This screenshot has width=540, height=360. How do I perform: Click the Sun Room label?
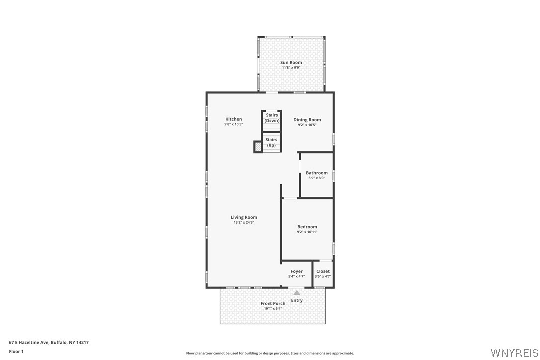(x=291, y=62)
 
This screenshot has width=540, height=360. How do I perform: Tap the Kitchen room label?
(x=234, y=119)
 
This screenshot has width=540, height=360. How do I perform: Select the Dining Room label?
(x=307, y=120)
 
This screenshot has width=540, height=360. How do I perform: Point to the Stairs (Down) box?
(x=271, y=121)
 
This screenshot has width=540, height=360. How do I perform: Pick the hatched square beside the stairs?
(x=258, y=147)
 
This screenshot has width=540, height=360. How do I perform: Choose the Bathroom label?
(x=317, y=173)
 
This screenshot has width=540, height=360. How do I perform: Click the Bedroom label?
(x=307, y=227)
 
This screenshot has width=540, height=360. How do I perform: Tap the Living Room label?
(x=244, y=217)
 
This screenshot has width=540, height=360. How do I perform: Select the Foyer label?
(x=296, y=271)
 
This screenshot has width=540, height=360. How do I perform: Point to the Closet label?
(x=323, y=271)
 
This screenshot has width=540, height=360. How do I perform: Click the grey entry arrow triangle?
(x=297, y=293)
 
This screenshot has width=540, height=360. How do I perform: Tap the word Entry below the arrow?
(x=297, y=300)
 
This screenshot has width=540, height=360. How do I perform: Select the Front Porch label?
(x=273, y=303)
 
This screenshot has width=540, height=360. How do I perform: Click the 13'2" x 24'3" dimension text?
(x=244, y=223)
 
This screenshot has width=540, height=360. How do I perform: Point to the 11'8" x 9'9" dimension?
(x=291, y=68)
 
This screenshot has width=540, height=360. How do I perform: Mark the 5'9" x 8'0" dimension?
(x=317, y=178)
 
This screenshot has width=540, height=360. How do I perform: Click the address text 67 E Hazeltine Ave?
(x=29, y=343)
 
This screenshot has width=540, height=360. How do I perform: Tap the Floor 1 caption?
(x=16, y=352)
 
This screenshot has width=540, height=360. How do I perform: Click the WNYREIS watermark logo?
(x=514, y=353)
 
